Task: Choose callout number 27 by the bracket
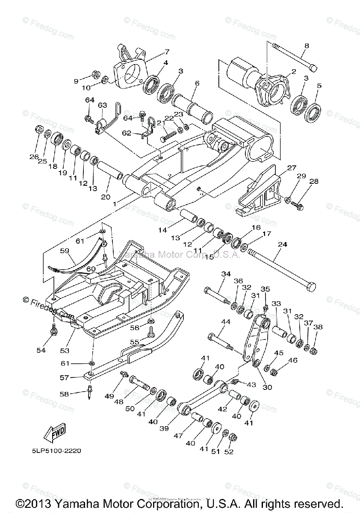click(x=291, y=168)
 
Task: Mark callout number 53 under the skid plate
click(x=65, y=351)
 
